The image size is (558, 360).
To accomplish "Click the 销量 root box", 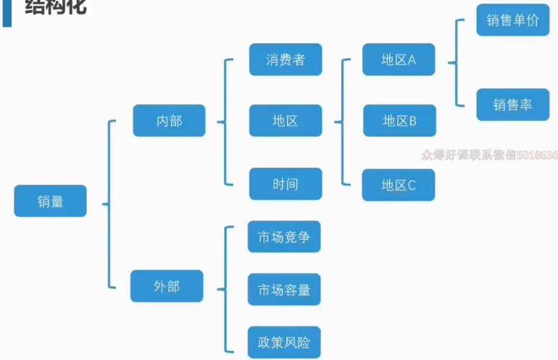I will click(x=50, y=201).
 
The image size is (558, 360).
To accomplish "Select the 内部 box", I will click(x=169, y=121).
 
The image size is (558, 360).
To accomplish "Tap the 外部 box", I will click(x=167, y=286).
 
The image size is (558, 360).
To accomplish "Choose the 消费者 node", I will click(x=286, y=59).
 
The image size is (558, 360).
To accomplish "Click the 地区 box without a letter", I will click(x=286, y=121).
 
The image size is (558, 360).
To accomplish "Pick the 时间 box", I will click(x=286, y=184).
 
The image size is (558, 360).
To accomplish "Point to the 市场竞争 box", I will click(x=284, y=237).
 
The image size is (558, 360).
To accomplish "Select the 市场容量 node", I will click(x=284, y=290).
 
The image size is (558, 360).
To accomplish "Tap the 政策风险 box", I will click(x=284, y=342).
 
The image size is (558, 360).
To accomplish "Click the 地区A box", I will click(x=399, y=59).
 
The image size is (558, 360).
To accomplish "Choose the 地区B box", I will click(x=399, y=121).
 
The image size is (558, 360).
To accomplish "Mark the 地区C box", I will click(x=399, y=185).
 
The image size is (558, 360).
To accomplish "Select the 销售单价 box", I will click(x=513, y=20).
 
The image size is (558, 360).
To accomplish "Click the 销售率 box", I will click(x=513, y=105).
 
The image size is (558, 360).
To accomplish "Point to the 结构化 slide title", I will click(x=55, y=7).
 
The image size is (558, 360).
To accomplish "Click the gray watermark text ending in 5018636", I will click(x=489, y=155).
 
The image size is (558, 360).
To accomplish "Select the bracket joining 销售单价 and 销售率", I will click(x=456, y=63).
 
